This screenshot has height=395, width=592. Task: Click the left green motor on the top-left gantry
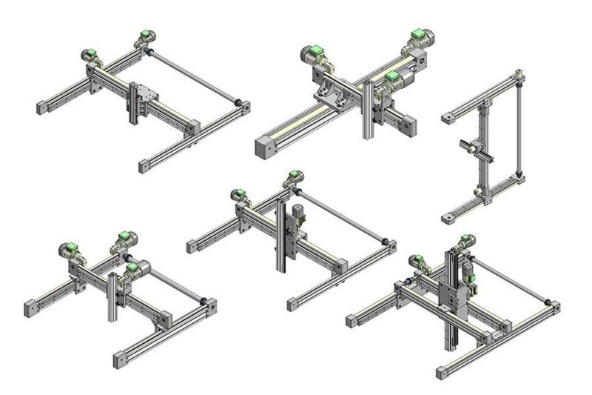(x=90, y=54)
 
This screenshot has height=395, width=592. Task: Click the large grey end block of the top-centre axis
(x=265, y=147)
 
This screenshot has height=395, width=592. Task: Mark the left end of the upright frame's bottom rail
(x=448, y=219)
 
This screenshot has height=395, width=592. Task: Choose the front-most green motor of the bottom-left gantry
(x=133, y=268)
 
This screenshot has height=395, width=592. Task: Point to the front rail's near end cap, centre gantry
(x=293, y=303)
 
